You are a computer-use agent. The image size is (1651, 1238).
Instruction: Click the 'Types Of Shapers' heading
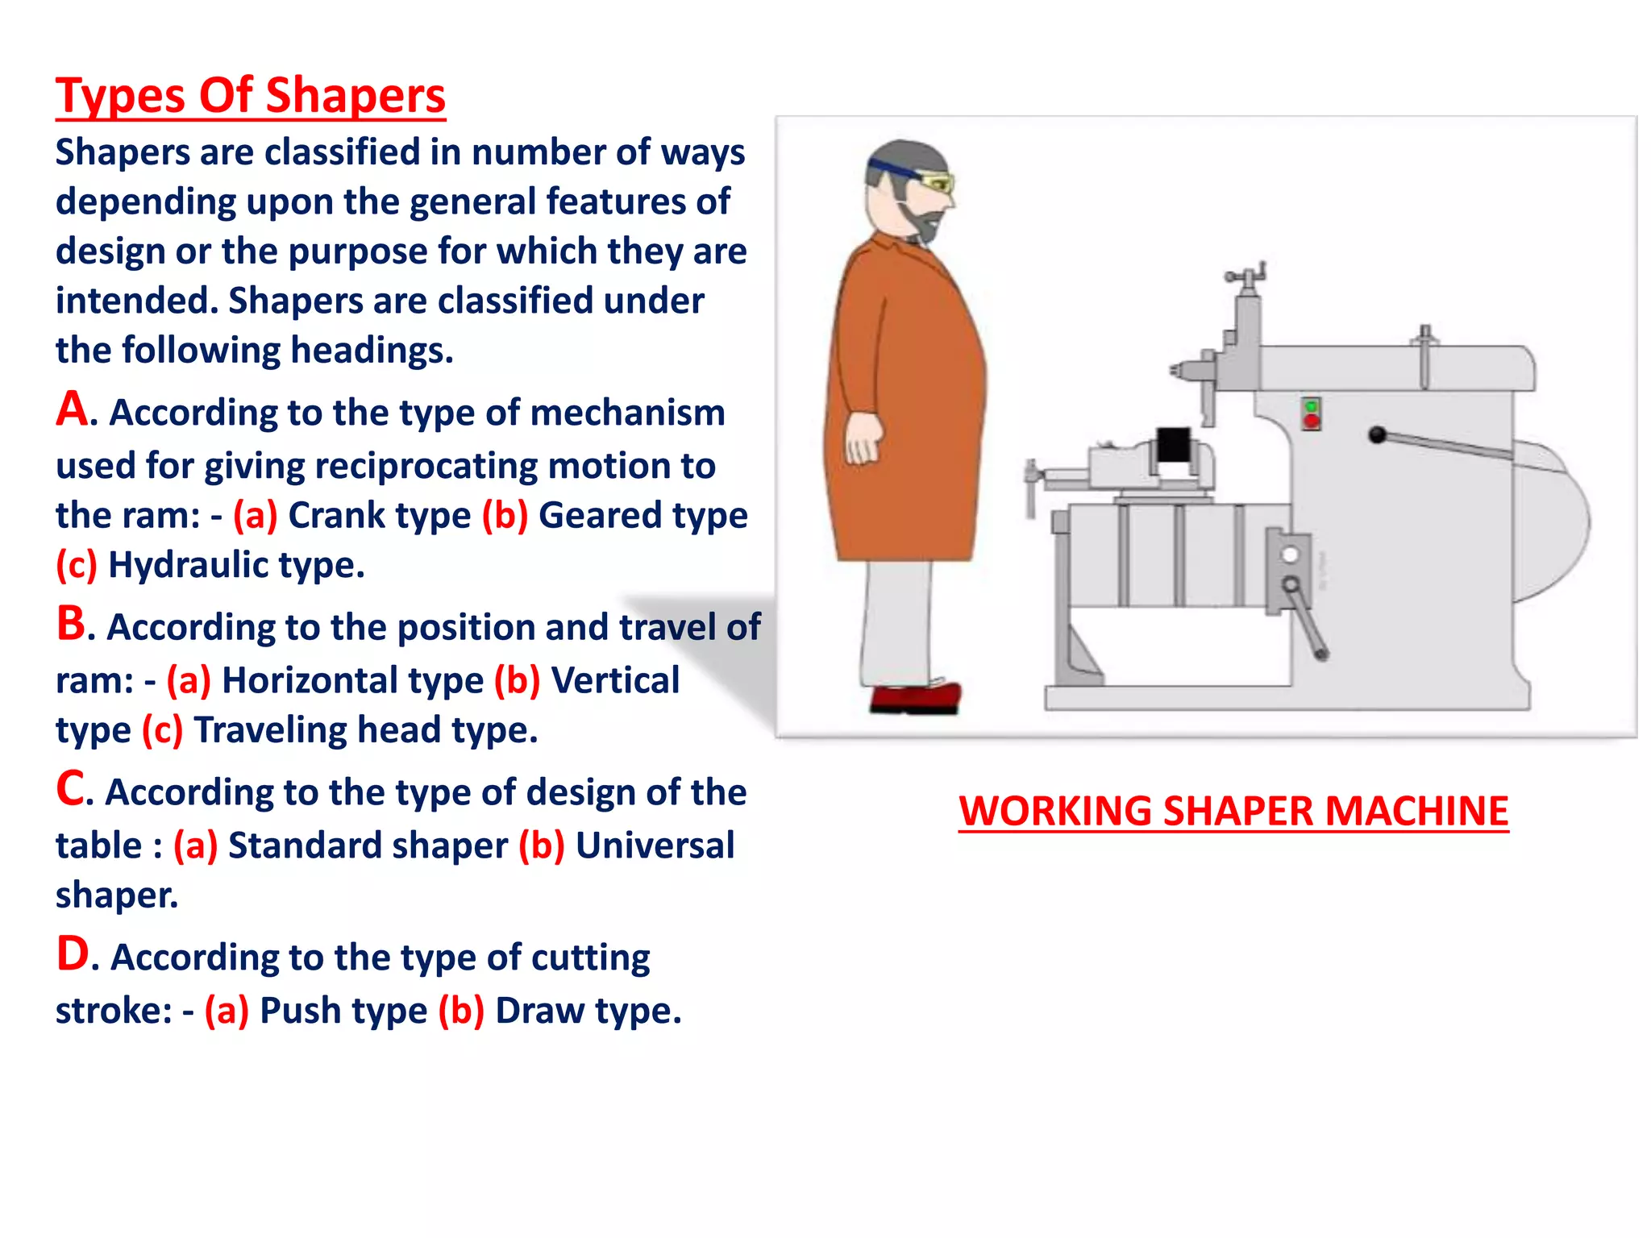(x=250, y=96)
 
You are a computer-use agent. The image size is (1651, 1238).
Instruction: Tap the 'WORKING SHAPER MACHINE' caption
(x=1233, y=811)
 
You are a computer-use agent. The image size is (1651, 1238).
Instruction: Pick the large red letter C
(x=70, y=788)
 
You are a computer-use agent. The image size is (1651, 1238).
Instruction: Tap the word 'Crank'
(x=339, y=516)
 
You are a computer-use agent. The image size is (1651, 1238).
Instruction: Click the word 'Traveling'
(x=270, y=730)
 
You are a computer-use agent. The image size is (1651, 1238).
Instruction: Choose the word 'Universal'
(x=655, y=845)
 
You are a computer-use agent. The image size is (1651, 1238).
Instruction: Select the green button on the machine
(x=1312, y=406)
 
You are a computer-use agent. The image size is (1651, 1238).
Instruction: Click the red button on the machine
(x=1312, y=422)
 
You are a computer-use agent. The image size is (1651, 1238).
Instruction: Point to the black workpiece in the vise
(x=1173, y=446)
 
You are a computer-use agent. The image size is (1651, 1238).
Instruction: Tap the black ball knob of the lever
(x=1377, y=435)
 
